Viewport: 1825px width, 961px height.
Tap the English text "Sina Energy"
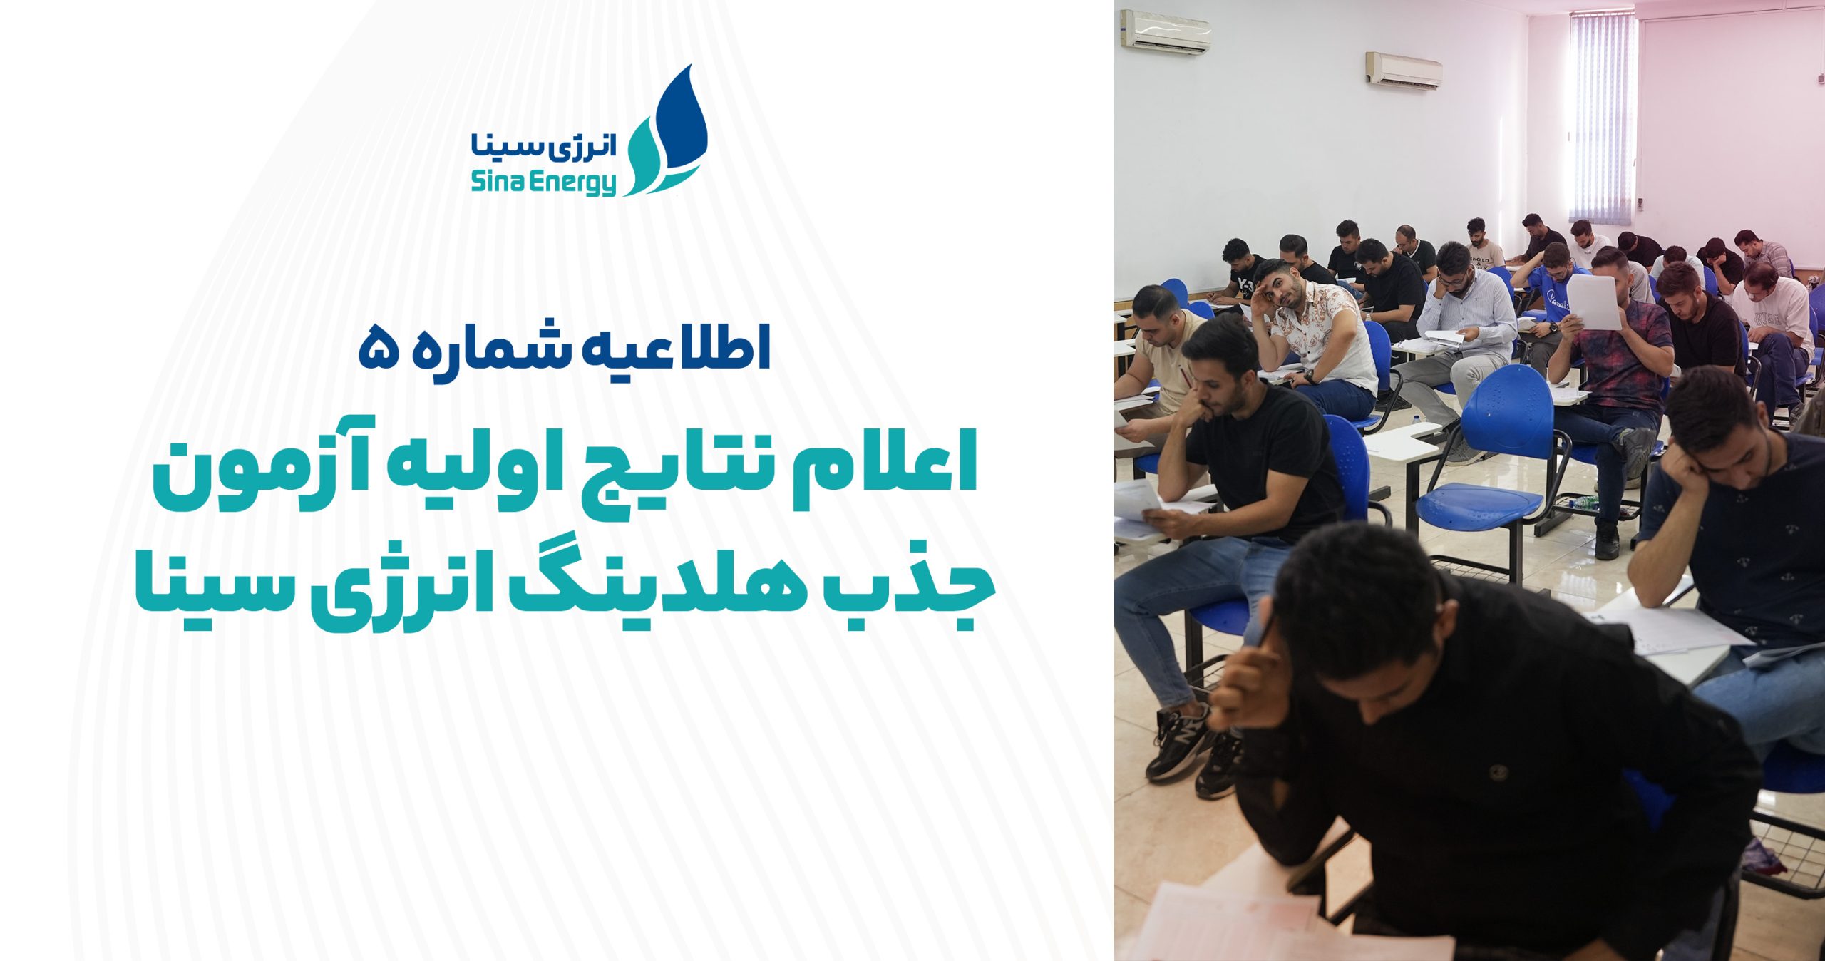(x=543, y=183)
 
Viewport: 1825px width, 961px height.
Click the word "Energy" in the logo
(x=577, y=183)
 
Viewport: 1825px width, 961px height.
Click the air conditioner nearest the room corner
(x=1166, y=31)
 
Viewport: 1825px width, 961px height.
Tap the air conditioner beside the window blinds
(x=1404, y=70)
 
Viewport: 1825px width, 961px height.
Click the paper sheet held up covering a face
(x=1593, y=302)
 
